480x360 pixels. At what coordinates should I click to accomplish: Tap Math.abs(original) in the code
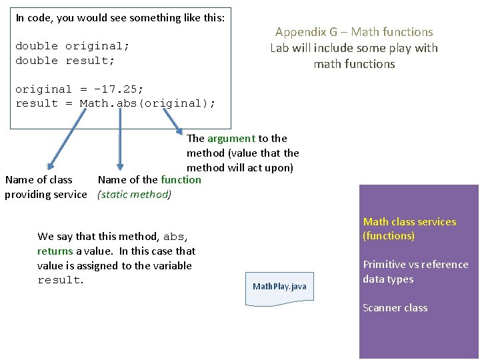click(147, 103)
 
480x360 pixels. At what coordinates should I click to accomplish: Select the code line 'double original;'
click(72, 46)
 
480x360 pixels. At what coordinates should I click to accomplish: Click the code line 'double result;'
click(65, 61)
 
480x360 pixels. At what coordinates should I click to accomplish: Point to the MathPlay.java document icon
click(279, 287)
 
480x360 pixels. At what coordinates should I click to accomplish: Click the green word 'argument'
click(231, 138)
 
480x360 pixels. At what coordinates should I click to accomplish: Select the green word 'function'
click(181, 179)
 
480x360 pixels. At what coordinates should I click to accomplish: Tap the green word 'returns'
click(55, 251)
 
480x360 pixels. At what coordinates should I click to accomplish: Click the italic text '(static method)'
click(134, 194)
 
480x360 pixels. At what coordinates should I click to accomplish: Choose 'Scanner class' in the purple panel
click(395, 307)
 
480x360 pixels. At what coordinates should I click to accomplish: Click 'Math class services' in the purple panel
click(409, 221)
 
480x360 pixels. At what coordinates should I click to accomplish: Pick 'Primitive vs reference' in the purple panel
click(415, 264)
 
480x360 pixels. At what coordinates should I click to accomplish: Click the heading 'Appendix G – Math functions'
click(354, 32)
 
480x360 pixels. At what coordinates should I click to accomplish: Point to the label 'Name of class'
click(39, 179)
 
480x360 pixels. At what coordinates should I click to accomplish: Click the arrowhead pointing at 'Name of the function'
click(120, 167)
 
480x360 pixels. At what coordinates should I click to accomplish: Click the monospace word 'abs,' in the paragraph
click(175, 237)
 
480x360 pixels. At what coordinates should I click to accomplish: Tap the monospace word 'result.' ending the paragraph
click(61, 280)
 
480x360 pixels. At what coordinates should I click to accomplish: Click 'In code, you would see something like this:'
click(120, 18)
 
